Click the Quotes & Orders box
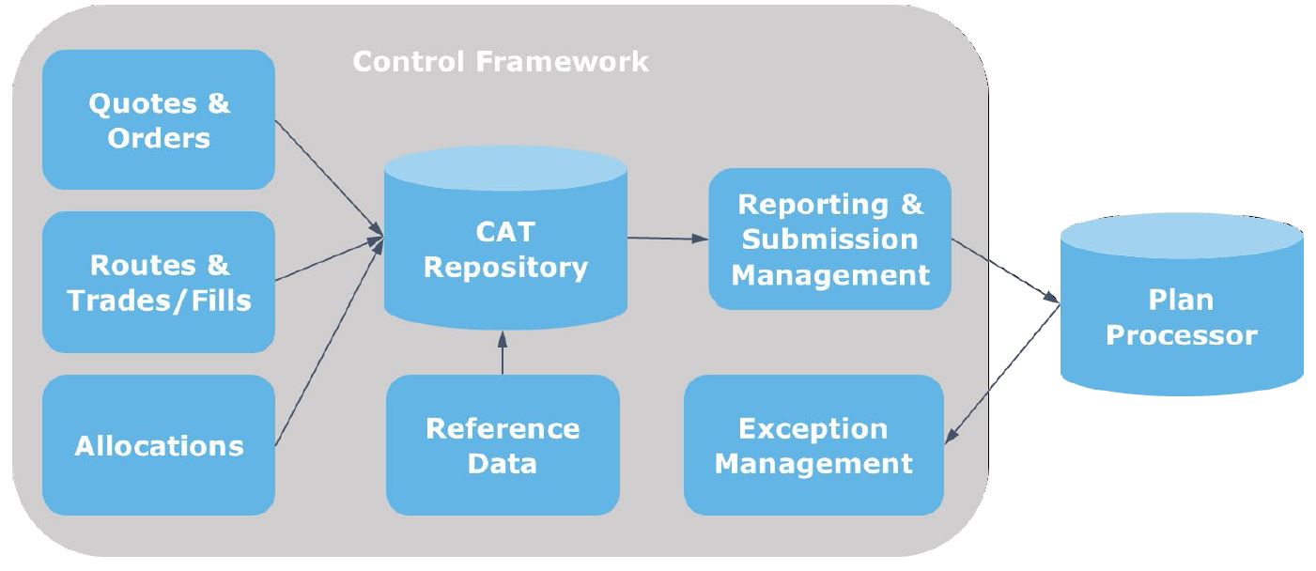(x=159, y=119)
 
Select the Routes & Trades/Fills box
(x=159, y=282)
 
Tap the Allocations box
(x=159, y=445)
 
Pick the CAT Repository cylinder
(x=505, y=238)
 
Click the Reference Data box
(x=503, y=445)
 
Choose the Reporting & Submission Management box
(x=829, y=239)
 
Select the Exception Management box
(x=813, y=445)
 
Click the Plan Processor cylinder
(x=1182, y=304)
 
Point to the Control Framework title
(x=501, y=62)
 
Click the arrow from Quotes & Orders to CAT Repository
(x=329, y=178)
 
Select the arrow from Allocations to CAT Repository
(x=329, y=342)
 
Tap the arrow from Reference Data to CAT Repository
(x=503, y=352)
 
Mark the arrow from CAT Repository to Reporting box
(x=668, y=239)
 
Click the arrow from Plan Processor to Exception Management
(x=1002, y=374)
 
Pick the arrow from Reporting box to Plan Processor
(x=1006, y=271)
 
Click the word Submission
(x=829, y=239)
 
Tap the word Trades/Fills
(x=159, y=301)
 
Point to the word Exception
(x=813, y=429)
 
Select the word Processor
(x=1182, y=335)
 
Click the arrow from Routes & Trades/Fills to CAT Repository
(x=329, y=258)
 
